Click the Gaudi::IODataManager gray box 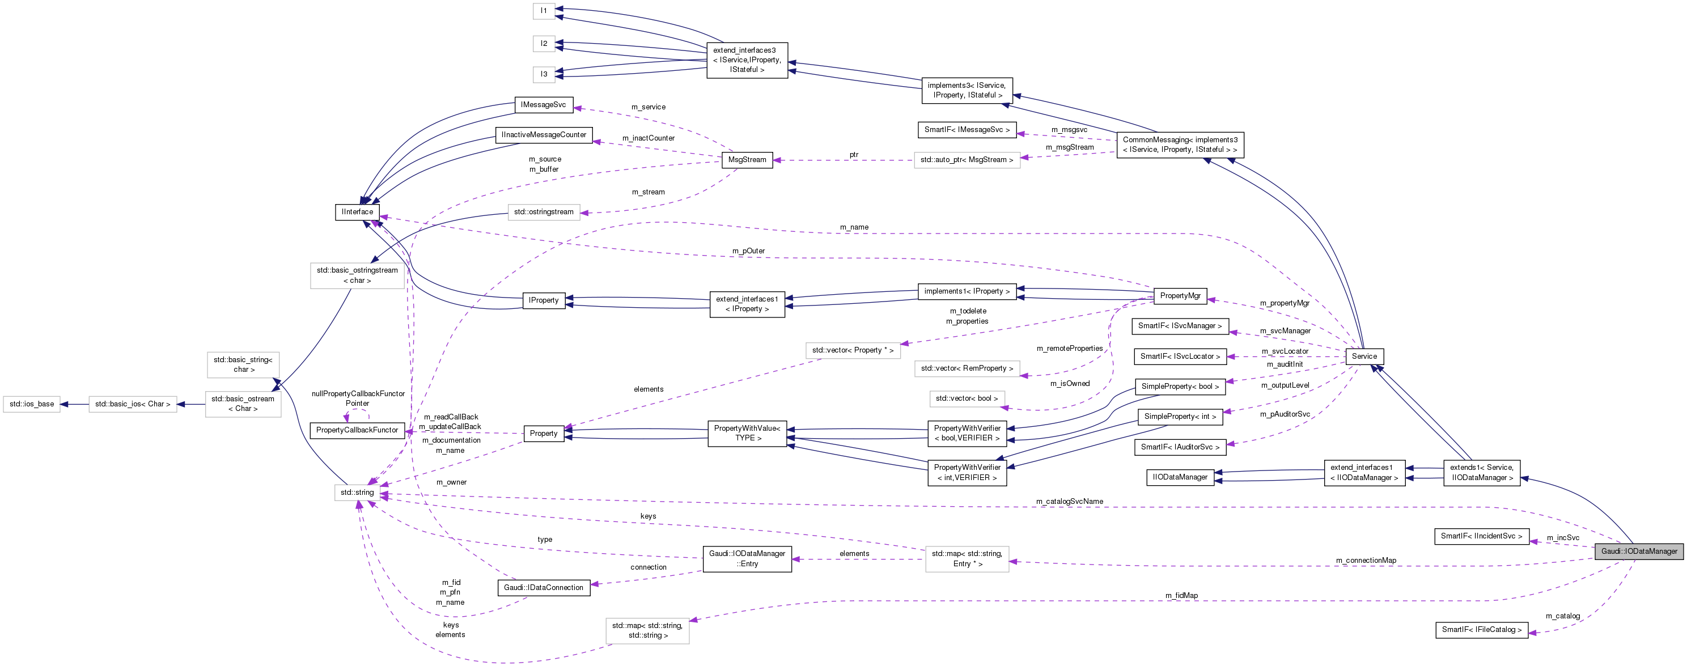coord(1639,552)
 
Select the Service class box coord(1364,357)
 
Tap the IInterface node coord(357,212)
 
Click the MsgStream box coord(747,160)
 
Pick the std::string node coord(357,493)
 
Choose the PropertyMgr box coord(1180,296)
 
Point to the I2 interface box coord(544,44)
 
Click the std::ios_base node coord(31,404)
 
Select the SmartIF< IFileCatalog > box coord(1481,630)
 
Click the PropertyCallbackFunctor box coord(357,430)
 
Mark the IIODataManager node coord(1180,477)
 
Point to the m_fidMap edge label coord(1181,596)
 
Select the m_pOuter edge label coord(748,252)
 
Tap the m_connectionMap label coord(1366,561)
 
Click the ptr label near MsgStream coord(854,155)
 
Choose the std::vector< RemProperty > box coord(967,368)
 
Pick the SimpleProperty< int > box coord(1180,417)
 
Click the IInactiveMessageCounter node coord(544,135)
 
